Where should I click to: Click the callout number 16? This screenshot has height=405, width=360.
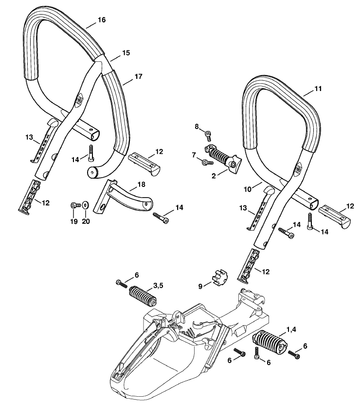tap(102, 20)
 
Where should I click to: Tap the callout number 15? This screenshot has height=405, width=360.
tap(126, 53)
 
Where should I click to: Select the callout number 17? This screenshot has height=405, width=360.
tap(138, 76)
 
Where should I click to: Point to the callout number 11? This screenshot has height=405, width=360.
tap(318, 89)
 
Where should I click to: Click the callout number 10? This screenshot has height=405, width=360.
tap(248, 189)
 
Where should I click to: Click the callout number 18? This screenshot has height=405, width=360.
tap(142, 184)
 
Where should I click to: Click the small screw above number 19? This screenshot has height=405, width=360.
tap(75, 205)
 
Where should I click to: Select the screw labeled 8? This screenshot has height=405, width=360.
tap(208, 136)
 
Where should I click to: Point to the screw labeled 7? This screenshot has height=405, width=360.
tap(207, 162)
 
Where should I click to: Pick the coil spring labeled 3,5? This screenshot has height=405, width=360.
tap(143, 295)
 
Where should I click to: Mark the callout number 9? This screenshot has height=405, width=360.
tap(200, 286)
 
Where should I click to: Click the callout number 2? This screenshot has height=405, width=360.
tap(214, 176)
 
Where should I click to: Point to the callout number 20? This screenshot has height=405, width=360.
tap(86, 221)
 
